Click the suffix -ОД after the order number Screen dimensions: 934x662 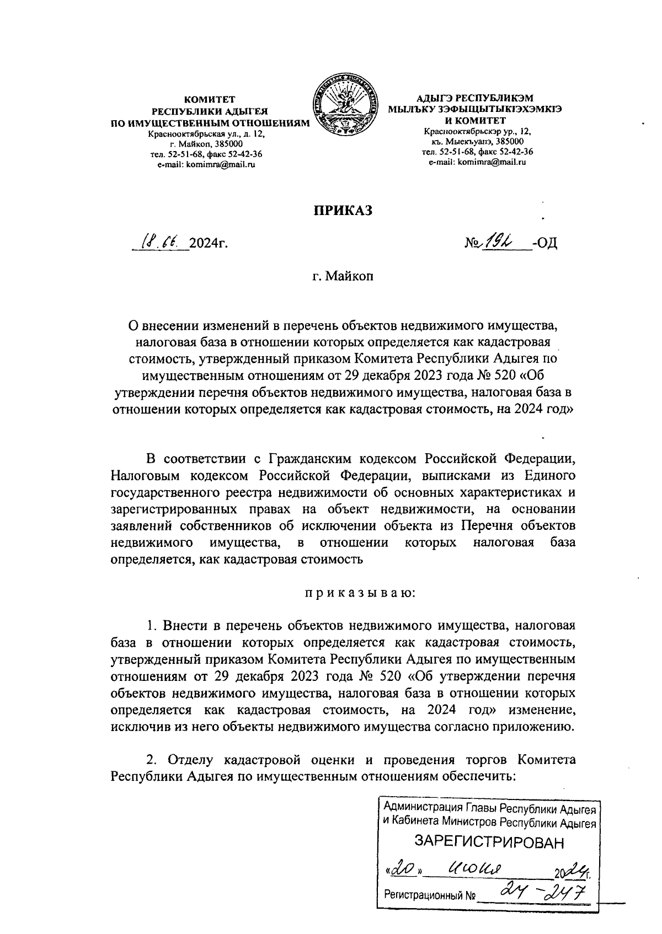tap(544, 243)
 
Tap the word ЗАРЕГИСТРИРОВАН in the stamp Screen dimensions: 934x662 tap(490, 842)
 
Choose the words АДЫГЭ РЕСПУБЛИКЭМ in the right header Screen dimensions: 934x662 tap(475, 99)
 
